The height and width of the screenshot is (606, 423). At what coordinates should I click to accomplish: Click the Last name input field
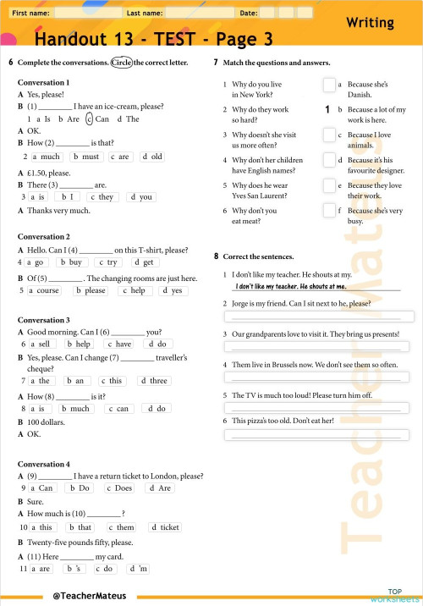199,14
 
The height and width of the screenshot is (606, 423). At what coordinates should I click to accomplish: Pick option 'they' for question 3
103,196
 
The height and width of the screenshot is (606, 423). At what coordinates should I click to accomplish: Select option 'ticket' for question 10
165,527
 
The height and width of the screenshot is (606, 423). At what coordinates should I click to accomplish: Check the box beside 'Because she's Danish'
329,85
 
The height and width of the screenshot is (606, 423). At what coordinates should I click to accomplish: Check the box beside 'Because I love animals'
329,135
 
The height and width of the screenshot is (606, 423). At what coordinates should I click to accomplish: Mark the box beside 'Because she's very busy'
329,211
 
